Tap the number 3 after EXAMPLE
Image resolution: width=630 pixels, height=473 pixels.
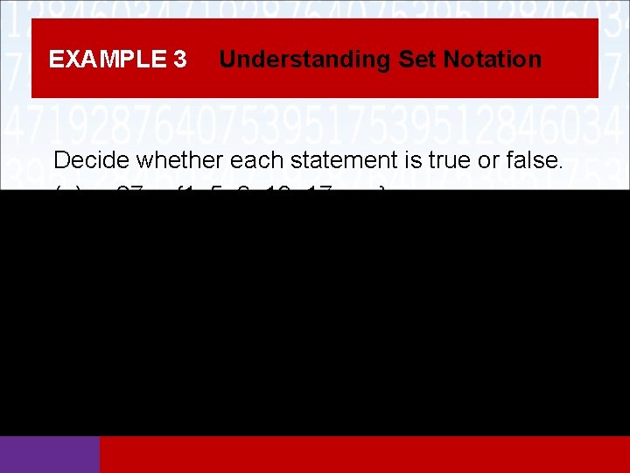click(x=179, y=60)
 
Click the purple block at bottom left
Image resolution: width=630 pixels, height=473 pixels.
click(x=50, y=455)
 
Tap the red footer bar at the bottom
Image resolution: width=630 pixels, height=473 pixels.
click(x=364, y=455)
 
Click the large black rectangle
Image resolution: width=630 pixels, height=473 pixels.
click(x=315, y=313)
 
